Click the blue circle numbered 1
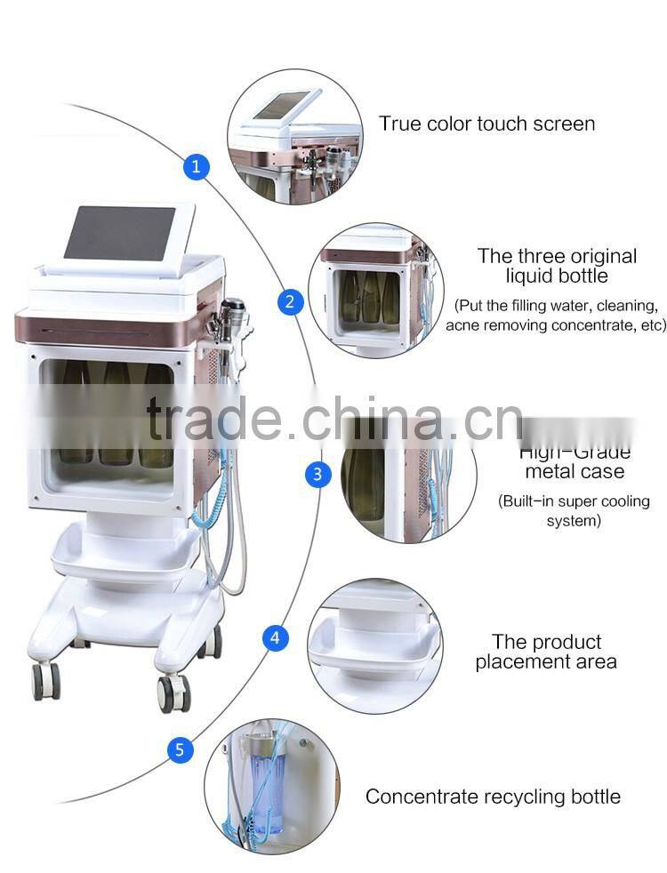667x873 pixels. coord(197,165)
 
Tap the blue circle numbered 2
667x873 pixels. coord(289,301)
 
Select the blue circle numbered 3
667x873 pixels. coord(318,474)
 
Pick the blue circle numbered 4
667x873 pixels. coord(275,637)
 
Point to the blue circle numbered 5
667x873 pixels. coord(180,750)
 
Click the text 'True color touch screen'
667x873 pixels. coord(486,124)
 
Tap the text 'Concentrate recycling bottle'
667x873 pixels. coord(493,797)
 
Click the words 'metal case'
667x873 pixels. coord(574,471)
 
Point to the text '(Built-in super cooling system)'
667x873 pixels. coord(574,511)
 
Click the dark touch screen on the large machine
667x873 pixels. coord(120,234)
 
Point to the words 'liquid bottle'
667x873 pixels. coord(557,276)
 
